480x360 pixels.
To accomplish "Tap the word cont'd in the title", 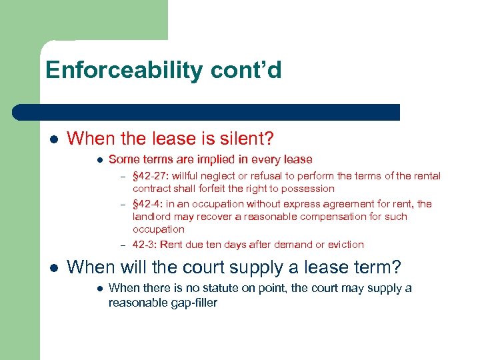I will pyautogui.click(x=253, y=70).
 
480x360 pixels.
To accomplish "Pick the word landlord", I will pyautogui.click(x=153, y=217).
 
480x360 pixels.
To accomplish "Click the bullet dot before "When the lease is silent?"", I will pyautogui.click(x=53, y=139).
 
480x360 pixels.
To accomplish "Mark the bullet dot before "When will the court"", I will pyautogui.click(x=53, y=268).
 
